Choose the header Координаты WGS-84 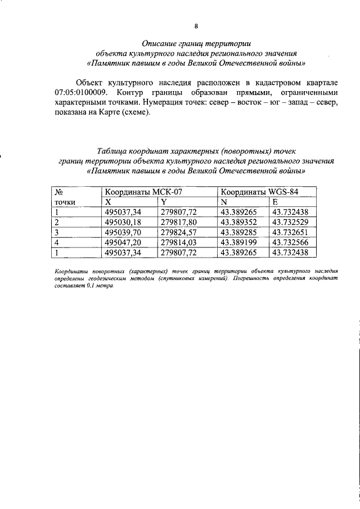coord(259,192)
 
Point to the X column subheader coord(109,202)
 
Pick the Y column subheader coord(163,202)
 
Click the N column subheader coord(223,202)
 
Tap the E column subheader coord(275,202)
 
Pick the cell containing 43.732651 coord(291,232)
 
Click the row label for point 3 coord(57,232)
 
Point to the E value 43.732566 coord(291,242)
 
